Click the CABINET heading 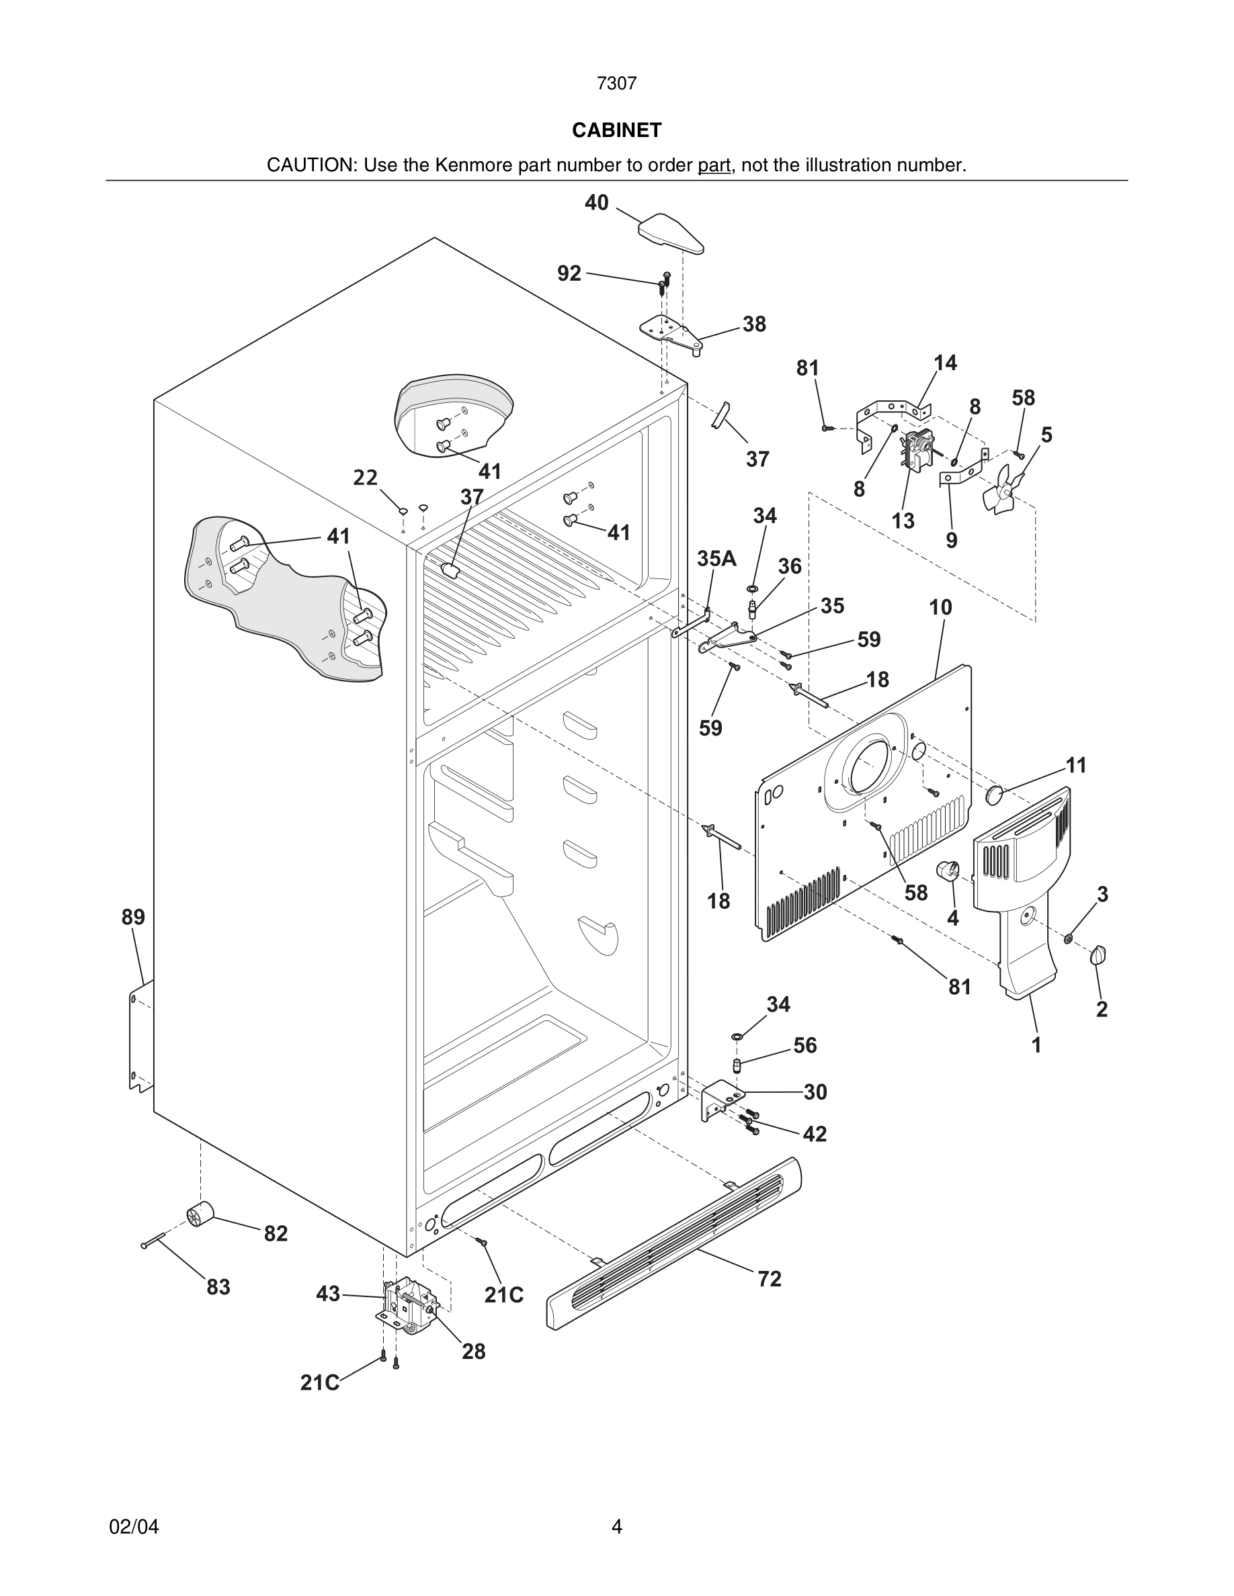(616, 130)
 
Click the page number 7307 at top (616, 83)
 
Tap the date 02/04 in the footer (134, 1527)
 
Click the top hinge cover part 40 (671, 233)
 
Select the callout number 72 (769, 1279)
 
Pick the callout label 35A (716, 558)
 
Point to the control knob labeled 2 (1098, 955)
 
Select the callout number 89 (133, 916)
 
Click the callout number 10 (940, 607)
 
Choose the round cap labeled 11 (994, 795)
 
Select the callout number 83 (218, 1287)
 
